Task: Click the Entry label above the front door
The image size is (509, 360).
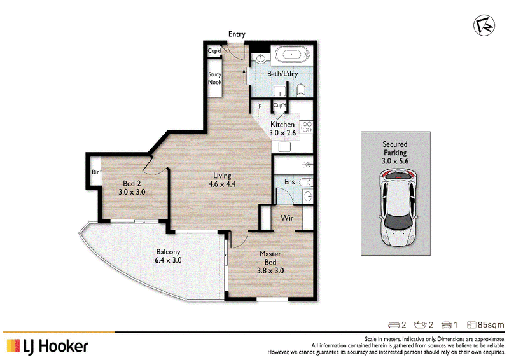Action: (237, 34)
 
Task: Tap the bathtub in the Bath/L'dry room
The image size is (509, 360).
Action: (291, 54)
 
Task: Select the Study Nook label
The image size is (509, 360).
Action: (214, 78)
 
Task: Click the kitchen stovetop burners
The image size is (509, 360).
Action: (306, 127)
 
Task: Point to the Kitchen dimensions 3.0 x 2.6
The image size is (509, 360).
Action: (282, 133)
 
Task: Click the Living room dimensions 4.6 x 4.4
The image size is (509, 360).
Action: (222, 184)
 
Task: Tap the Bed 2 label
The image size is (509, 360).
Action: (132, 183)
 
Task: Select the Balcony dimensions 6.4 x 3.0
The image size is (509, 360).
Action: (168, 260)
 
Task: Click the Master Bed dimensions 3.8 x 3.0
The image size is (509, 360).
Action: (270, 270)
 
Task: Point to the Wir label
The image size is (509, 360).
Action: (288, 218)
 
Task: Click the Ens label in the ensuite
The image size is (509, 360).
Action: (289, 182)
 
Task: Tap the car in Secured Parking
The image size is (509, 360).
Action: (399, 209)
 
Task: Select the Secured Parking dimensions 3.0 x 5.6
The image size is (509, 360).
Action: (395, 161)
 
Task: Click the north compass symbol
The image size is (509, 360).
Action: (484, 25)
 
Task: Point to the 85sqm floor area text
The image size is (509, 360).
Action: (491, 325)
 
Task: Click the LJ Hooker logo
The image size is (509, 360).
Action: (47, 346)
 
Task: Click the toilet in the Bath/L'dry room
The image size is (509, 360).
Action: (301, 90)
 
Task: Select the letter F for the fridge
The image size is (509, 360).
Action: (260, 106)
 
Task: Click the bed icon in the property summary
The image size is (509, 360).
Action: (394, 325)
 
